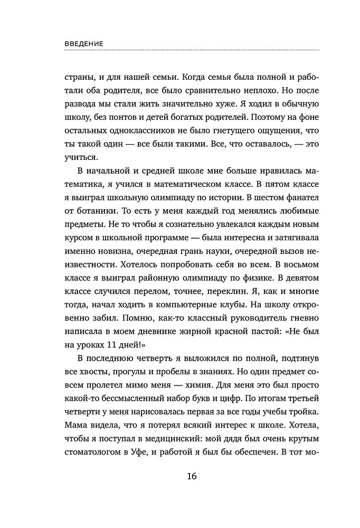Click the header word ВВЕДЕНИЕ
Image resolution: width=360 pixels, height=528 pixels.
tap(84, 43)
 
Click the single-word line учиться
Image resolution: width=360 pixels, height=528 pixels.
tap(81, 157)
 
